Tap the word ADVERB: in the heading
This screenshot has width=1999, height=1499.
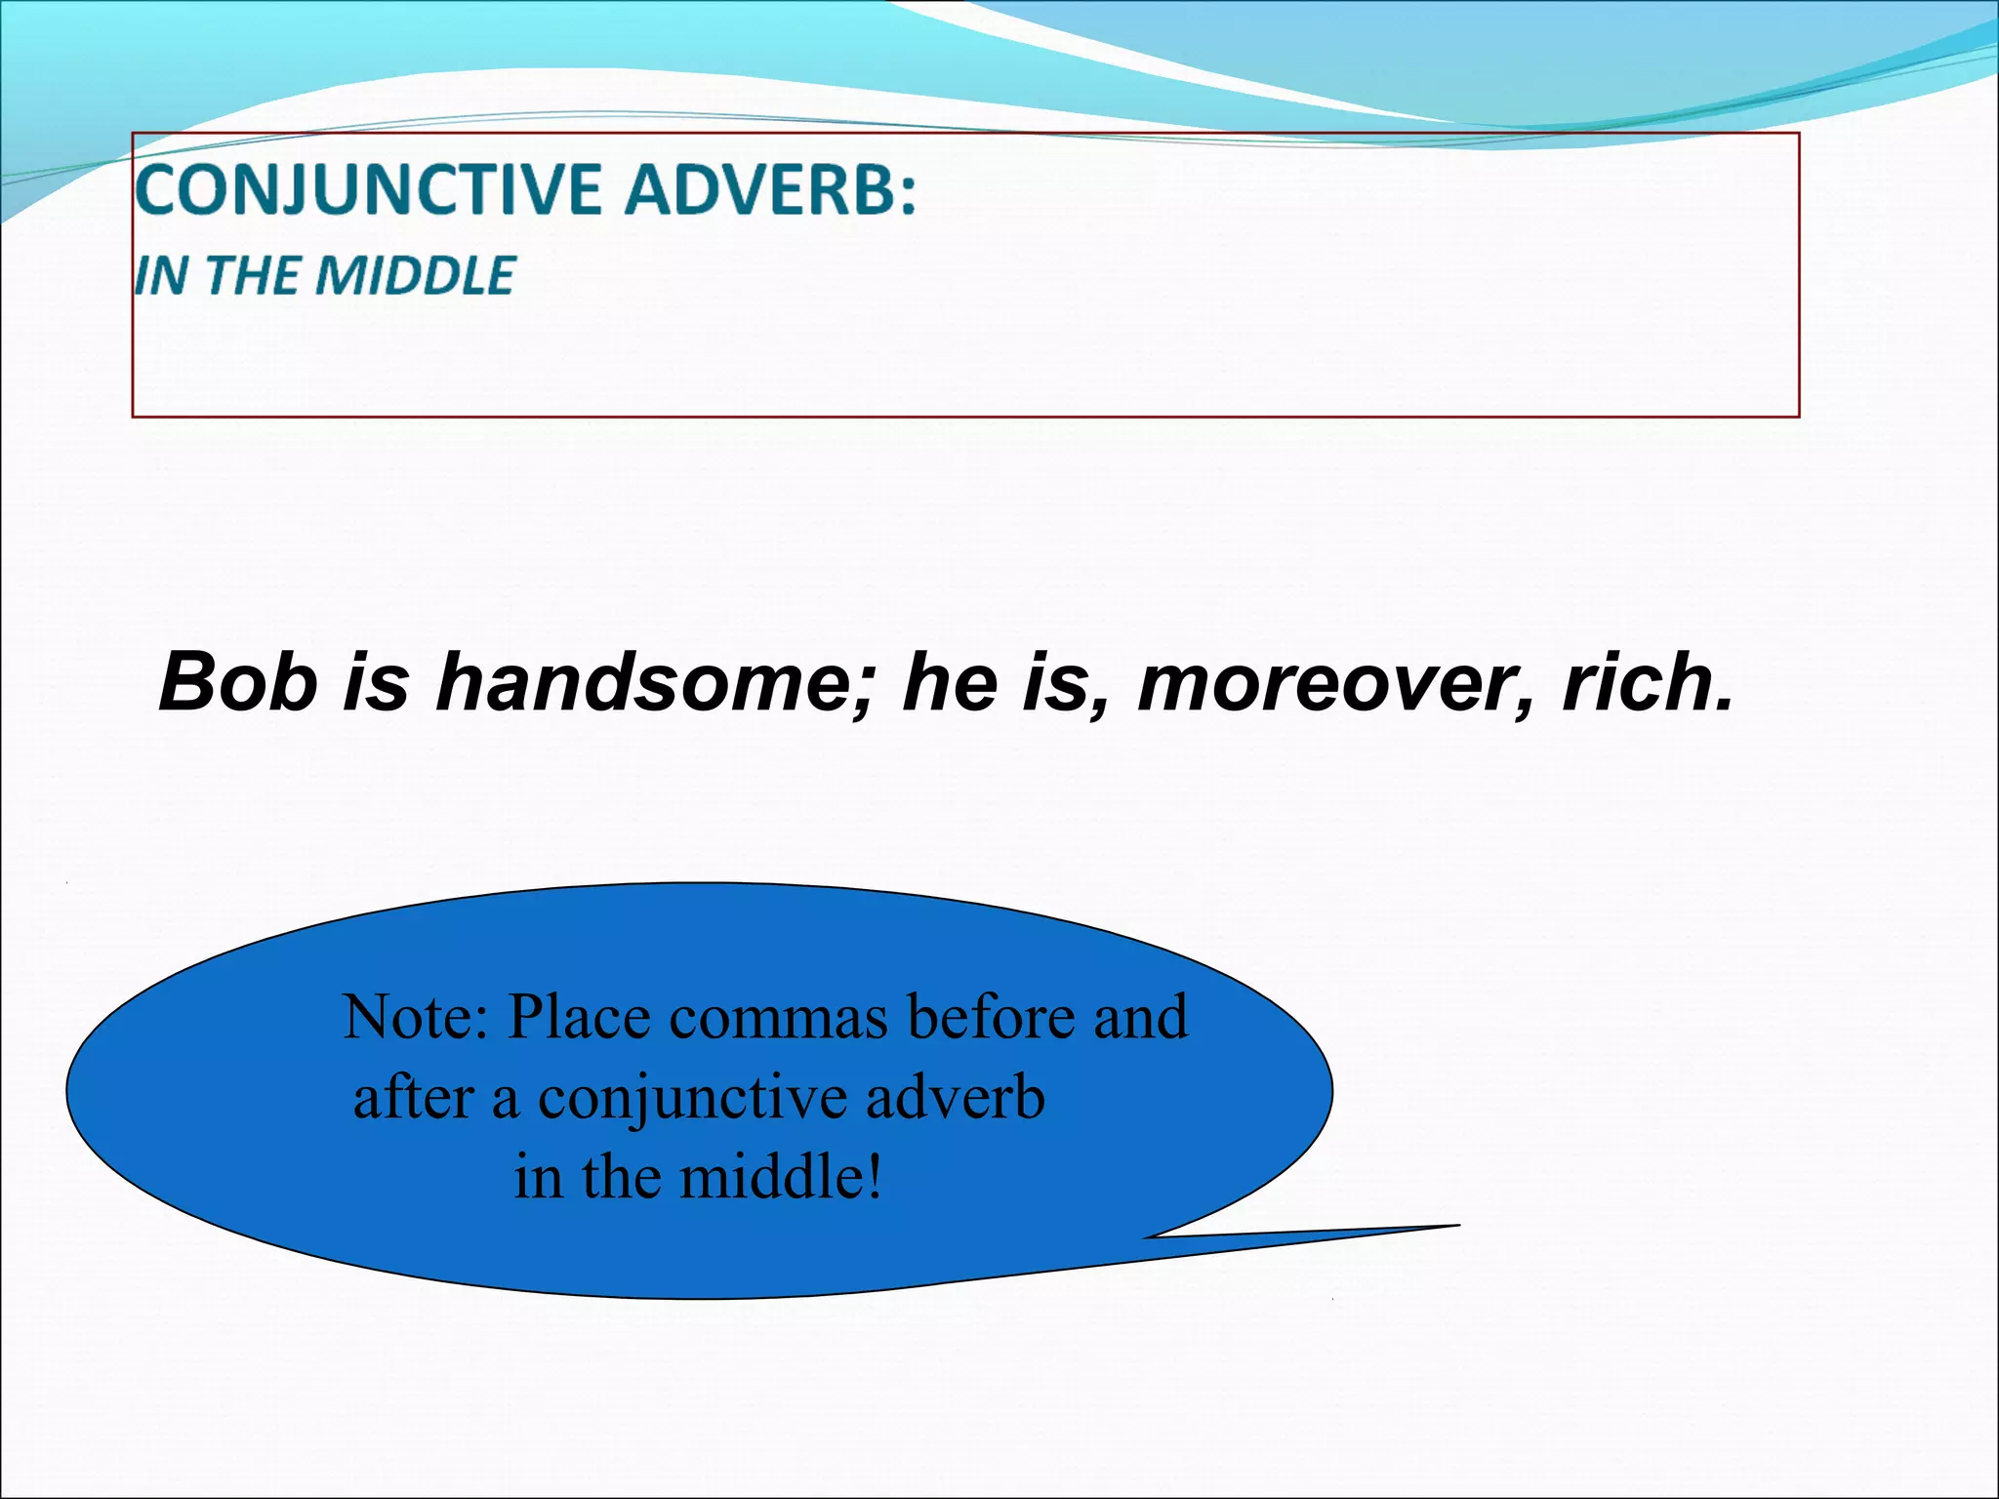[771, 189]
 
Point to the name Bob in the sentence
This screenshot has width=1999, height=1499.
[238, 682]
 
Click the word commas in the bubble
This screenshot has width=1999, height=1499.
[779, 1017]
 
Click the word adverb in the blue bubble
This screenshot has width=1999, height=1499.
[955, 1098]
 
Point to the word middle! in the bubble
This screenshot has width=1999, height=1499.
[781, 1177]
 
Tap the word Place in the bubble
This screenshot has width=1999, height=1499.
[580, 1017]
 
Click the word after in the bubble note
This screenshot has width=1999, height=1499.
[413, 1098]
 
